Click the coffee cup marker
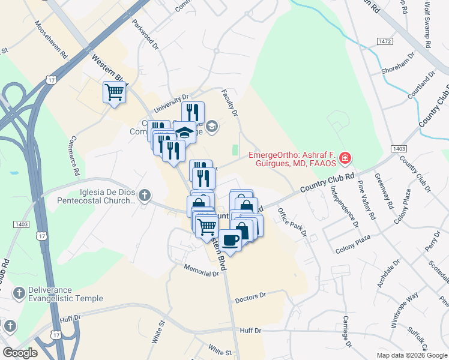point(230,240)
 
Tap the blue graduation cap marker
point(185,131)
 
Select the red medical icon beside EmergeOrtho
point(345,158)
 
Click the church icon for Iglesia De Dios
point(144,195)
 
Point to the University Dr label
point(171,103)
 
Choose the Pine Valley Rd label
point(366,200)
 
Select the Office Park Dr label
point(292,222)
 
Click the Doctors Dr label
point(250,298)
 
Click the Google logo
point(20,353)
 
